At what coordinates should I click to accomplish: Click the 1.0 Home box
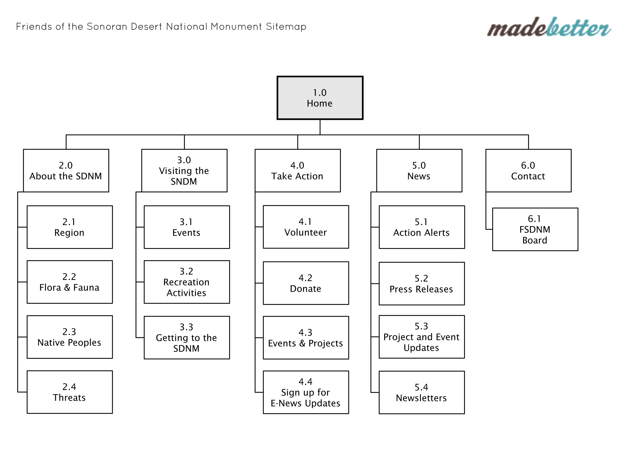click(320, 98)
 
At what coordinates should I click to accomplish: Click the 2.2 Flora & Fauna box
click(70, 282)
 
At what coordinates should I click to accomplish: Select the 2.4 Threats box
click(70, 392)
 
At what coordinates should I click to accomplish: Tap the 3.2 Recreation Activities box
click(187, 282)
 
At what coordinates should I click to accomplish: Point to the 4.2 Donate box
click(306, 283)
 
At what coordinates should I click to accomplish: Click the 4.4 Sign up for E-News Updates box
click(306, 392)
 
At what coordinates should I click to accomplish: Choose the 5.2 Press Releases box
click(422, 283)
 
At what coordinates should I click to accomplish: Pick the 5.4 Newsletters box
click(422, 392)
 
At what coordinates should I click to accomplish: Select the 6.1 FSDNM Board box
click(535, 229)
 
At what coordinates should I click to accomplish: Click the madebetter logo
click(549, 27)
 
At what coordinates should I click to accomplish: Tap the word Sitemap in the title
click(286, 27)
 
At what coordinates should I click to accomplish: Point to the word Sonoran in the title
click(107, 27)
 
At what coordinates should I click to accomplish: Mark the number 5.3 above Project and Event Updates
click(421, 326)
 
